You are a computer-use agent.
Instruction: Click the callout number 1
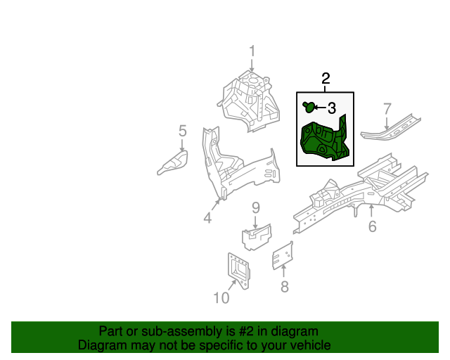(x=252, y=52)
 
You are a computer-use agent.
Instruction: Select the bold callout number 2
(x=326, y=79)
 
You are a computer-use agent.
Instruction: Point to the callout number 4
(x=207, y=219)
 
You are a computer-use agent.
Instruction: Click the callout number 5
(x=182, y=131)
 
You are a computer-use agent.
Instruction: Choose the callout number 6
(x=372, y=226)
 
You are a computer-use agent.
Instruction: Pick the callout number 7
(x=386, y=108)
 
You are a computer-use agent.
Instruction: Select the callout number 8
(x=284, y=286)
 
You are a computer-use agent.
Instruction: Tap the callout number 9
(x=256, y=207)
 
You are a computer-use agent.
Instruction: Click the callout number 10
(x=221, y=298)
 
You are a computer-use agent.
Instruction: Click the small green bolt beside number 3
(x=308, y=107)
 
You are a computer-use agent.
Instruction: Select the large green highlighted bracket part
(x=324, y=141)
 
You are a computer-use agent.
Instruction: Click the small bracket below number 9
(x=257, y=236)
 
